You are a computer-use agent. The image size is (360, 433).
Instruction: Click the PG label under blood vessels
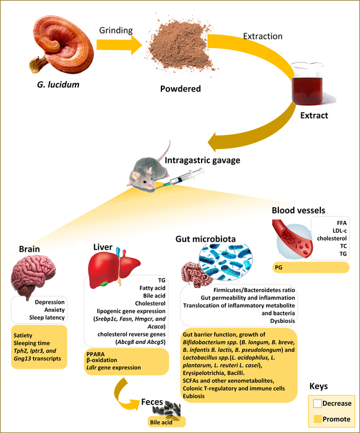(x=280, y=267)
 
